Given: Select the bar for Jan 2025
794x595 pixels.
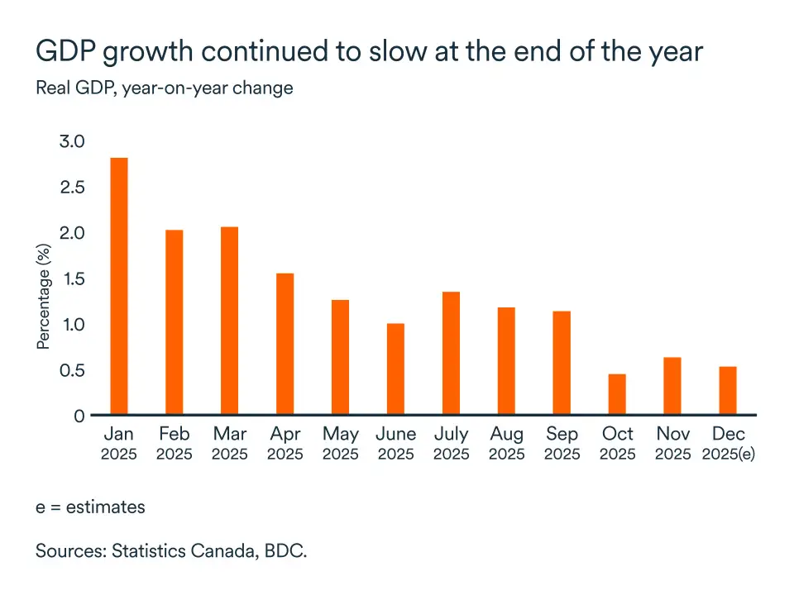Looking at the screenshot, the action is click(x=119, y=286).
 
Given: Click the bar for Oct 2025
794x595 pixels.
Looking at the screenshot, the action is click(x=617, y=394).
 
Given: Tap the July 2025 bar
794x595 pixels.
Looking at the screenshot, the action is click(x=452, y=353).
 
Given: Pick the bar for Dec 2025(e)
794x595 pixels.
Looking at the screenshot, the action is click(x=728, y=391).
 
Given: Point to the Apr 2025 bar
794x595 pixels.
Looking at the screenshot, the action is click(x=285, y=344).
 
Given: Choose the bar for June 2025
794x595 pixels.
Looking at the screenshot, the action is click(x=396, y=369).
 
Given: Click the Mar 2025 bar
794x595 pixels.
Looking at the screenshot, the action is click(x=229, y=321).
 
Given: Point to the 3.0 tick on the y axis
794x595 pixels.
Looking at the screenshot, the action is click(x=72, y=141).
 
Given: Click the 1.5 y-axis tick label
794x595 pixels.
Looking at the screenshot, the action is click(x=73, y=278).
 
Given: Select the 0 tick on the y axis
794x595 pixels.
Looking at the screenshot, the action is click(x=79, y=416).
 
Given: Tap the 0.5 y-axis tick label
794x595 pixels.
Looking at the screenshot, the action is click(x=72, y=370).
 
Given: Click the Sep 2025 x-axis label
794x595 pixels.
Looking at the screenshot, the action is click(x=562, y=444).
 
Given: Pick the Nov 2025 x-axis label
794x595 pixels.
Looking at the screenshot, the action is click(x=673, y=444).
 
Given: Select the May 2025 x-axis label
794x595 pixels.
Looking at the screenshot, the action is click(x=341, y=444).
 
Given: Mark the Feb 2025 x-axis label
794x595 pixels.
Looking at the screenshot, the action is click(x=175, y=444).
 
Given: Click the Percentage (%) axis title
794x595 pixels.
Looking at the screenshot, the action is click(x=44, y=297).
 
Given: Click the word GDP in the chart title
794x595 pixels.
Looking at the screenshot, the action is click(x=66, y=51).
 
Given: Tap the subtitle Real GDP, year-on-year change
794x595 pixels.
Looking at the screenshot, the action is click(x=165, y=88).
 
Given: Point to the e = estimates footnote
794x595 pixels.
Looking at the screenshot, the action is click(x=90, y=507).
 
